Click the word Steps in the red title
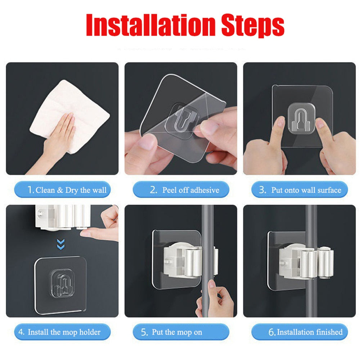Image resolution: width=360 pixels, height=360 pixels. [x=253, y=26]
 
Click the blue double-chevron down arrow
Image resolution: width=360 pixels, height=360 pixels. [x=60, y=244]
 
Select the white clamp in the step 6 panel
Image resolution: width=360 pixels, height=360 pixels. [x=306, y=262]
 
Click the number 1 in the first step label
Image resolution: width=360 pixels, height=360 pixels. [x=30, y=190]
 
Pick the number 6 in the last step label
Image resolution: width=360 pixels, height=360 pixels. [x=271, y=332]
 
